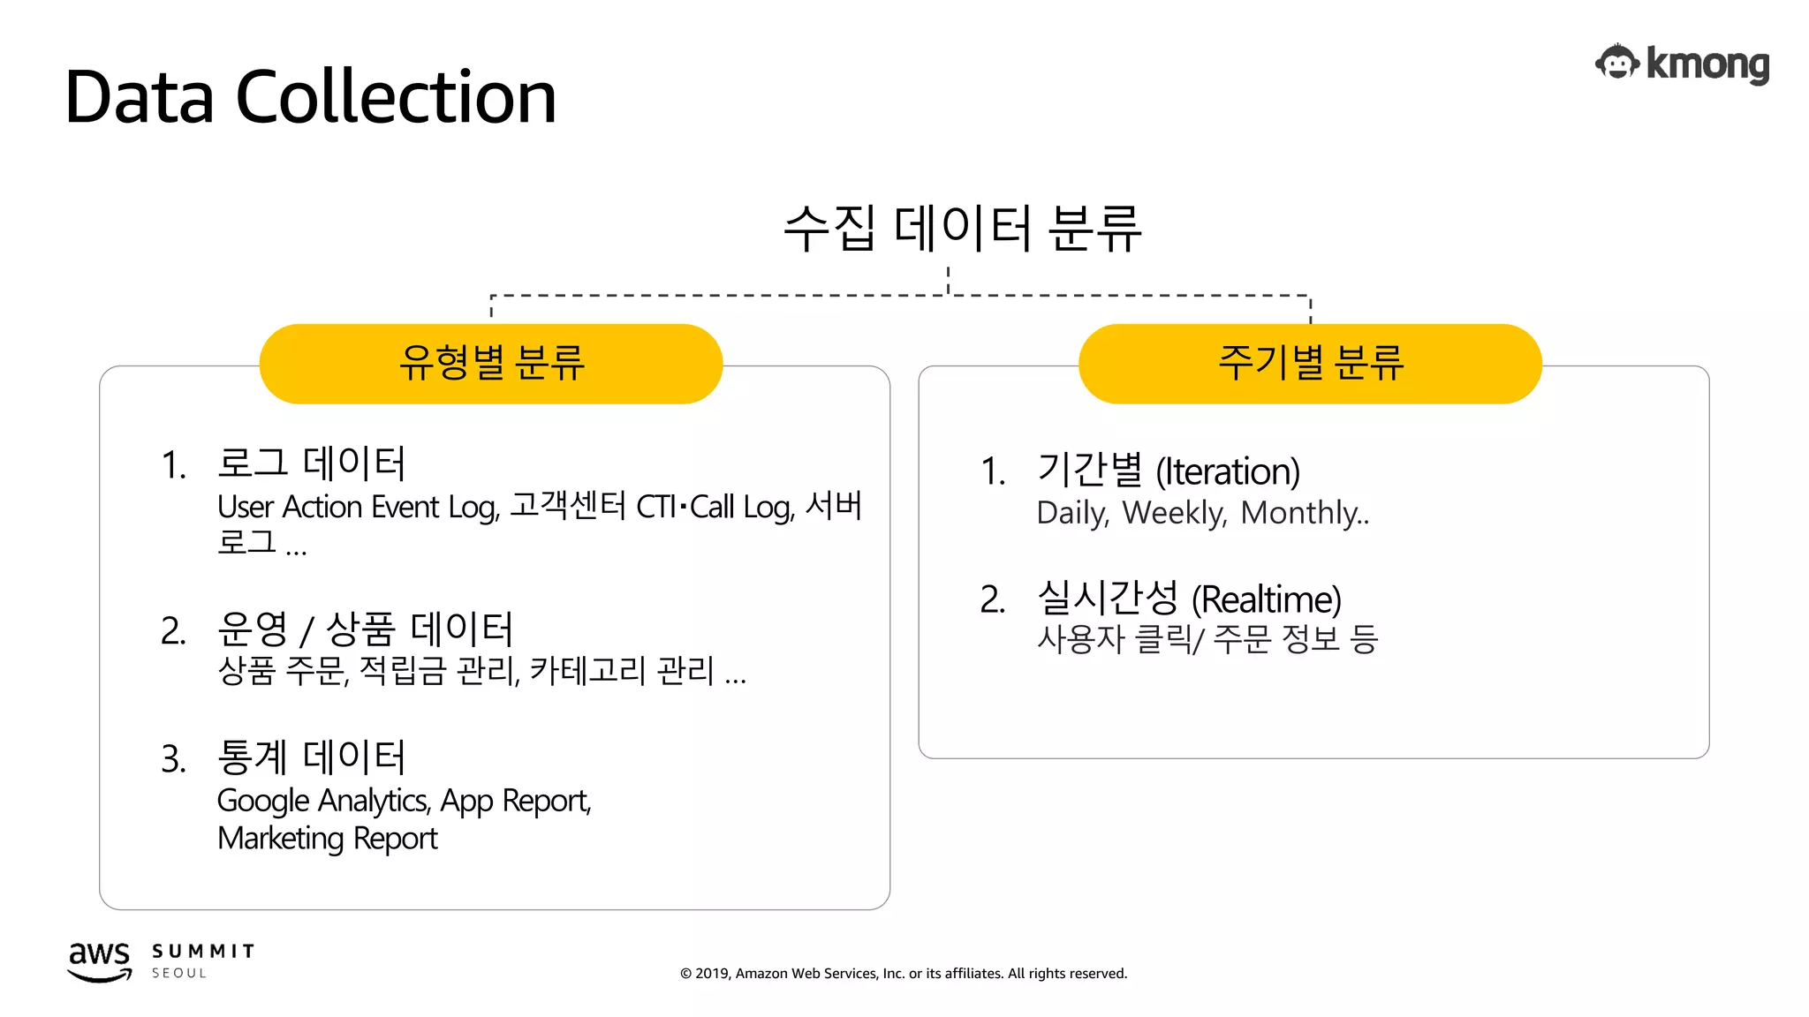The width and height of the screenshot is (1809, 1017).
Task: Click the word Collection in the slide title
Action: pyautogui.click(x=396, y=97)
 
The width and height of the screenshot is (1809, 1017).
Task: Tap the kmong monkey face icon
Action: pyautogui.click(x=1617, y=64)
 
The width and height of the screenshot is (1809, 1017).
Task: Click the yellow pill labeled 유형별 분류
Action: pyautogui.click(x=491, y=363)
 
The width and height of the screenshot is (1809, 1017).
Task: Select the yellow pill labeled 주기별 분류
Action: pyautogui.click(x=1310, y=363)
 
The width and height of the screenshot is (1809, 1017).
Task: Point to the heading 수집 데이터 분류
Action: pyautogui.click(x=962, y=228)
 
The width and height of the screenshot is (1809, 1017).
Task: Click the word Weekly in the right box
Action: pyautogui.click(x=1174, y=513)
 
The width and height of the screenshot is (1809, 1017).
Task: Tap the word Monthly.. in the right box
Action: pyautogui.click(x=1305, y=513)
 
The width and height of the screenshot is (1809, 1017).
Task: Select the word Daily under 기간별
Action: pyautogui.click(x=1071, y=513)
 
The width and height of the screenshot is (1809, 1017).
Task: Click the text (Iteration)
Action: pyautogui.click(x=1228, y=471)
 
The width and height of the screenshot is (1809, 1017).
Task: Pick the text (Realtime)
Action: pyautogui.click(x=1266, y=599)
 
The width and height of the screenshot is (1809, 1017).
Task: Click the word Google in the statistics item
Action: pyautogui.click(x=262, y=802)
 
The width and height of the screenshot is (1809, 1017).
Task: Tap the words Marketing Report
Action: pyautogui.click(x=327, y=839)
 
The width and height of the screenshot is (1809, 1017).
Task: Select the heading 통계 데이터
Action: pyautogui.click(x=311, y=757)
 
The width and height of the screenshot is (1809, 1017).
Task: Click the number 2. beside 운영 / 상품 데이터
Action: pyautogui.click(x=173, y=631)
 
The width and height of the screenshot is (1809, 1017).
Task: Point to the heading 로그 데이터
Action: pyautogui.click(x=311, y=463)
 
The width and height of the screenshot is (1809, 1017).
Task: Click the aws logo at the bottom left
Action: pyautogui.click(x=99, y=960)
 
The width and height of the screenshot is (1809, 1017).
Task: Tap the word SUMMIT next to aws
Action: pyautogui.click(x=203, y=951)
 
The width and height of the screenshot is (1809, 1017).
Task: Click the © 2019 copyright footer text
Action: pyautogui.click(x=903, y=974)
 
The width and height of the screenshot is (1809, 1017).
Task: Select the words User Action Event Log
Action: pyautogui.click(x=358, y=508)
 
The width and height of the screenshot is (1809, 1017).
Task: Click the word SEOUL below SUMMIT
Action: pyautogui.click(x=179, y=973)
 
